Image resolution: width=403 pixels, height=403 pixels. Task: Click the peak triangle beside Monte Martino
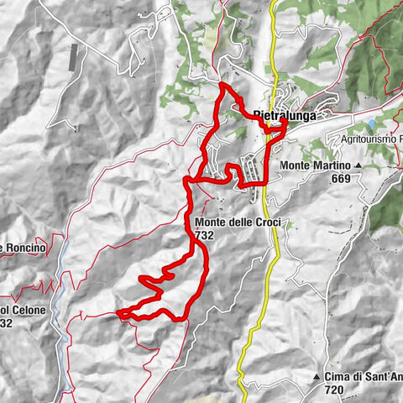[358, 165]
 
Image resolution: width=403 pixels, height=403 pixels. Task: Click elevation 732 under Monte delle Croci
[204, 236]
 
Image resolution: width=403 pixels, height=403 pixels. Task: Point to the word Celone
[29, 310]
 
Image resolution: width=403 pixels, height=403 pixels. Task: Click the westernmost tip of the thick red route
[118, 314]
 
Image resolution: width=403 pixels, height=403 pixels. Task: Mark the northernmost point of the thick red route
[222, 86]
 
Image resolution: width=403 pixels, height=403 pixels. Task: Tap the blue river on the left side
[60, 294]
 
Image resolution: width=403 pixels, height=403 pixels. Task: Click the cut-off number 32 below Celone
[6, 323]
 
